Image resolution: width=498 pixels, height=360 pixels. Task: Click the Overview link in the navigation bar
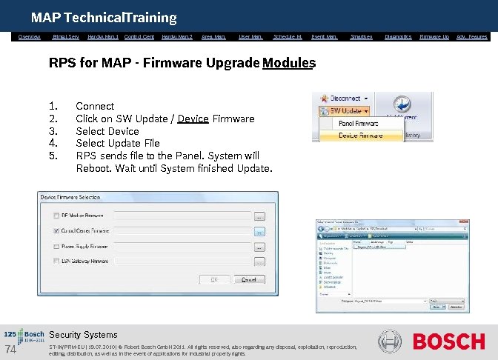tap(29, 36)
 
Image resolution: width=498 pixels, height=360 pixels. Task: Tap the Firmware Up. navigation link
tap(434, 36)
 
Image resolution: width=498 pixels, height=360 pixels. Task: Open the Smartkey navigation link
tap(361, 36)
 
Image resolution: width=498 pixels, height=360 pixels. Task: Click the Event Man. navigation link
tap(325, 36)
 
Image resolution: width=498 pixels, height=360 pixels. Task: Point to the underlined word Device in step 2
tap(193, 119)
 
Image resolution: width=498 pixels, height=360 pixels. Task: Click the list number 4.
tap(53, 143)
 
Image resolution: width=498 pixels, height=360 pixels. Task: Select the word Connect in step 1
tap(95, 106)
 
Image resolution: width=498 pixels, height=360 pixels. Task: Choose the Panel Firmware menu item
tap(359, 123)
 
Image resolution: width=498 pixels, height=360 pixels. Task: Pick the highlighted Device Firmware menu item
tap(359, 136)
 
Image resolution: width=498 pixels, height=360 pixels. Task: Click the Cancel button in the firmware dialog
tap(249, 280)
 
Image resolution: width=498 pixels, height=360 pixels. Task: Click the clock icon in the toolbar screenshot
tap(402, 104)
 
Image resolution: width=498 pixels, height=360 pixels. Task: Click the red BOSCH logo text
tap(448, 342)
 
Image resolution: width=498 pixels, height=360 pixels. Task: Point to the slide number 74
tap(10, 350)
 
